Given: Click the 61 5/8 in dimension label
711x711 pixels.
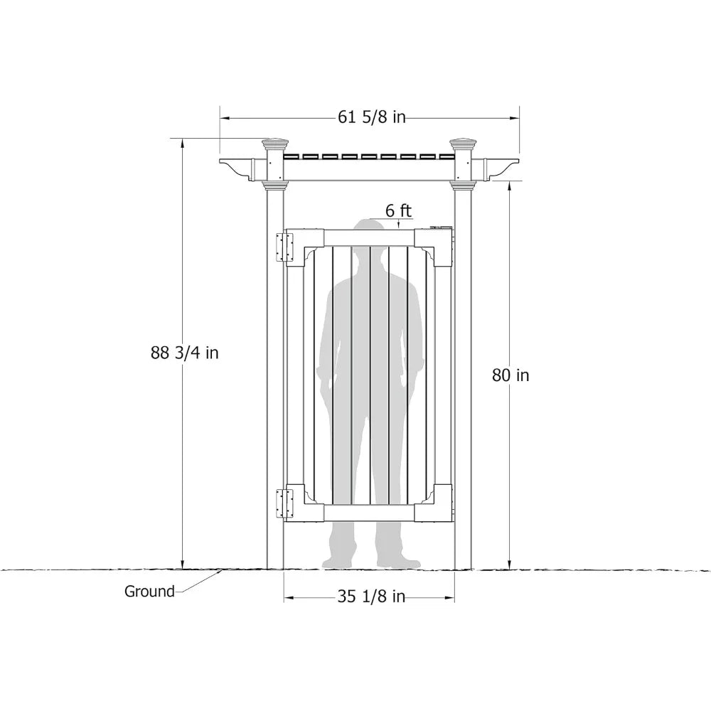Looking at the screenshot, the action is coord(371,117).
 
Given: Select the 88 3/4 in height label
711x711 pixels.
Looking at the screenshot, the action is coord(185,353).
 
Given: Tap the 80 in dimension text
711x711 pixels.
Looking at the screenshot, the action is coord(510,375).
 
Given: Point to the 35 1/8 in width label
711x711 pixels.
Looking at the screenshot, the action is coord(371,597).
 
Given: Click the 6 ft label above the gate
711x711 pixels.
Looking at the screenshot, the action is coord(399,211).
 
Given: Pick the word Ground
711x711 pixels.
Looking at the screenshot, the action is coord(149,592).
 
